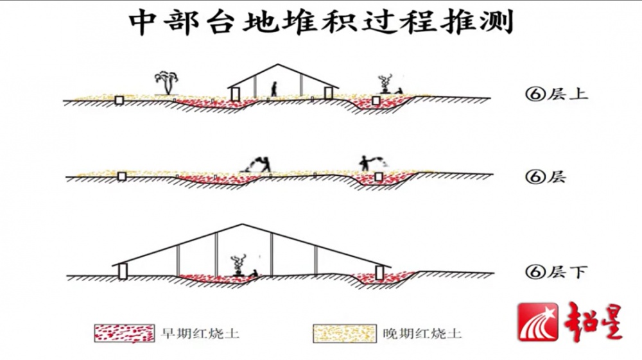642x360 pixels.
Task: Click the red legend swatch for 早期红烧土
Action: click(124, 332)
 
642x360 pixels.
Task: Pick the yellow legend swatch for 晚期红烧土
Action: click(343, 332)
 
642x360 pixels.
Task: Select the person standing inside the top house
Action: click(274, 89)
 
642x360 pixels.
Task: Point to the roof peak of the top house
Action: click(277, 65)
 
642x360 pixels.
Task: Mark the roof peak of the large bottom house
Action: click(241, 225)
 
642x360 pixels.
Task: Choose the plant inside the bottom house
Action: click(238, 264)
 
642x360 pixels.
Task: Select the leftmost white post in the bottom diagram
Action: click(122, 271)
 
